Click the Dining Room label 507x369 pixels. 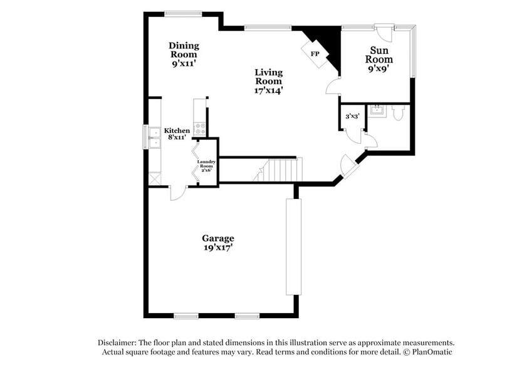click(184, 54)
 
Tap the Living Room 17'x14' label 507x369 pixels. click(268, 81)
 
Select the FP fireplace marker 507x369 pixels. click(315, 53)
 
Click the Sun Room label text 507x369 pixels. click(380, 59)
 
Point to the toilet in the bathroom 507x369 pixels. click(398, 112)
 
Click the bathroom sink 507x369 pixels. click(377, 111)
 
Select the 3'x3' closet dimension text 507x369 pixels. click(352, 116)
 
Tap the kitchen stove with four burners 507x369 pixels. click(200, 128)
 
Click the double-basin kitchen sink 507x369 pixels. click(154, 137)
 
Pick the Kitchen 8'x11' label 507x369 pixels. click(177, 134)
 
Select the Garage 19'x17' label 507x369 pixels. click(217, 242)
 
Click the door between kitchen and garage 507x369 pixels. click(178, 193)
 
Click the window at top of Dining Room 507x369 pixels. click(184, 13)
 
